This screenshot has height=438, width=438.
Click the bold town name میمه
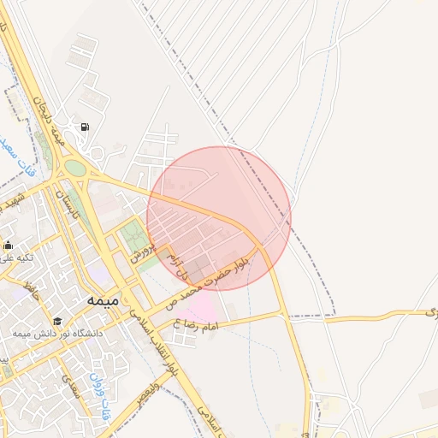(x=103, y=301)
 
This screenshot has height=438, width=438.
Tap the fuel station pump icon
(x=85, y=128)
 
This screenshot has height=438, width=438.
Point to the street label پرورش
(x=144, y=251)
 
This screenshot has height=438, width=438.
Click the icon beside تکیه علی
(x=8, y=246)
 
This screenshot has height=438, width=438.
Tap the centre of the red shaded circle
(x=219, y=218)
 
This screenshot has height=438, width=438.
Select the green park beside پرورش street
(x=133, y=234)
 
